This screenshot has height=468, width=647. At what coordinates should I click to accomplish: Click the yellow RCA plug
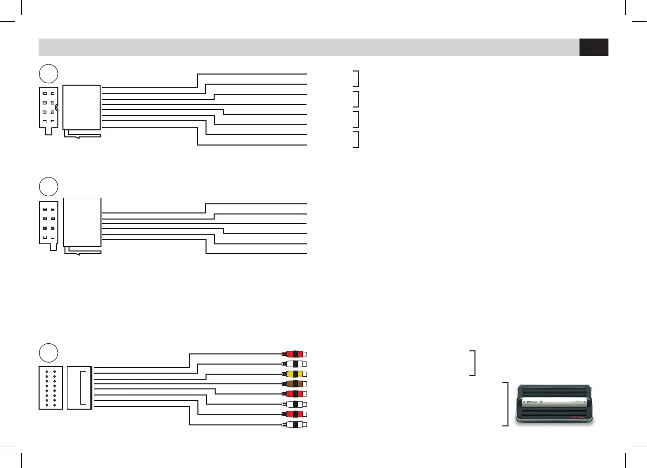pyautogui.click(x=295, y=374)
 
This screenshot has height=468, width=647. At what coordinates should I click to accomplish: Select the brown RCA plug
pyautogui.click(x=295, y=384)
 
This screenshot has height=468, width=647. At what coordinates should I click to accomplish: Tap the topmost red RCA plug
pyautogui.click(x=295, y=354)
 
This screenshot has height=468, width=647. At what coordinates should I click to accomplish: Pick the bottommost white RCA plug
pyautogui.click(x=295, y=424)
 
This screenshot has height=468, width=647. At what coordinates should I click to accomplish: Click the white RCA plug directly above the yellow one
pyautogui.click(x=295, y=364)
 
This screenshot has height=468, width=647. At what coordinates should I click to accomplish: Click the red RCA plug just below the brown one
pyautogui.click(x=295, y=394)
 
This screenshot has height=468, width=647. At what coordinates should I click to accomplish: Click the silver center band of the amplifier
pyautogui.click(x=556, y=403)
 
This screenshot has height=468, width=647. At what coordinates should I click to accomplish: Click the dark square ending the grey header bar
pyautogui.click(x=594, y=47)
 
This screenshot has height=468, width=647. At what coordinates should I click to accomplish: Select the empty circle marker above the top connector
pyautogui.click(x=49, y=74)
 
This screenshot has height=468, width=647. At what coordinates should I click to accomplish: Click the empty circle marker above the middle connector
pyautogui.click(x=49, y=186)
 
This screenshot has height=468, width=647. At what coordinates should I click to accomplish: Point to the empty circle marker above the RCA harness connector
pyautogui.click(x=49, y=353)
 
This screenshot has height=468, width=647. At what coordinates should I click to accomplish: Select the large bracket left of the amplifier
pyautogui.click(x=506, y=404)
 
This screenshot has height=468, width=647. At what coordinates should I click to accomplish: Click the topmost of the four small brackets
pyautogui.click(x=357, y=79)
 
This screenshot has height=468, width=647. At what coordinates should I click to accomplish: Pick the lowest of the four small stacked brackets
pyautogui.click(x=357, y=139)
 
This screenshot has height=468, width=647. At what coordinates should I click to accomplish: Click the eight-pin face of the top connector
pyautogui.click(x=49, y=109)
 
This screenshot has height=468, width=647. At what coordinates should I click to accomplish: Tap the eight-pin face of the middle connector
pyautogui.click(x=49, y=224)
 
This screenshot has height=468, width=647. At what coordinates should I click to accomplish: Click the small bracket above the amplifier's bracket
pyautogui.click(x=473, y=363)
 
